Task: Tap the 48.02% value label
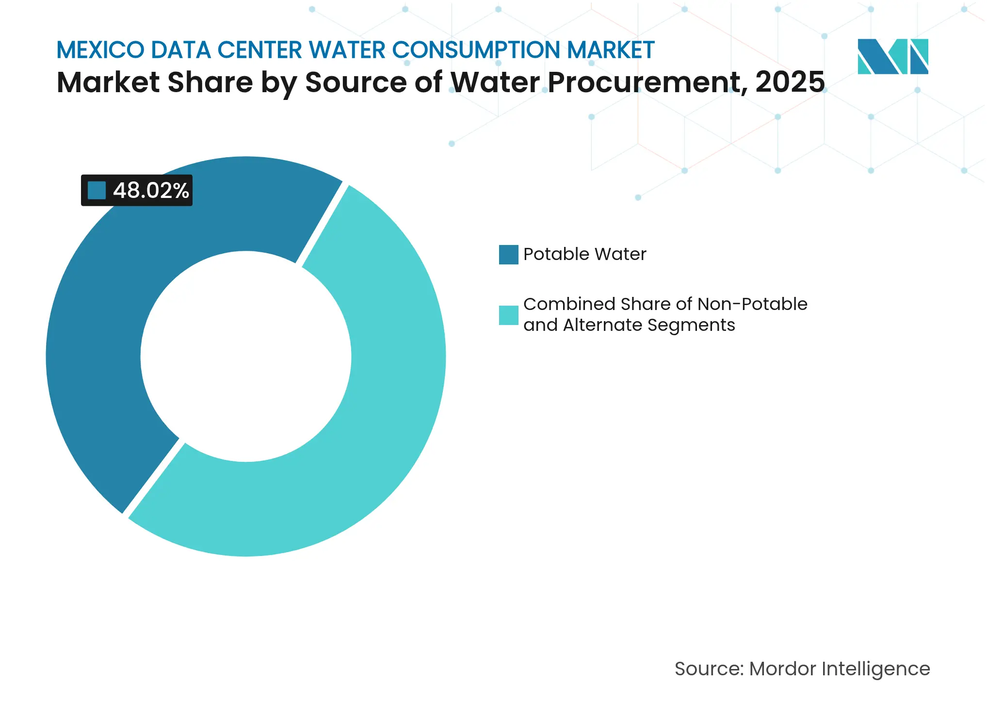151,191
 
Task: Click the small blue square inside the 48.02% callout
97,190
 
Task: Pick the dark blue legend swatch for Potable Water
508,254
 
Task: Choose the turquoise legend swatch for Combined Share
508,315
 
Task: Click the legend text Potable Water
584,254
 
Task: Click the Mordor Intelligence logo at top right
892,57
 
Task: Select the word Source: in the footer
709,669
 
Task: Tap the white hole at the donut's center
245,357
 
